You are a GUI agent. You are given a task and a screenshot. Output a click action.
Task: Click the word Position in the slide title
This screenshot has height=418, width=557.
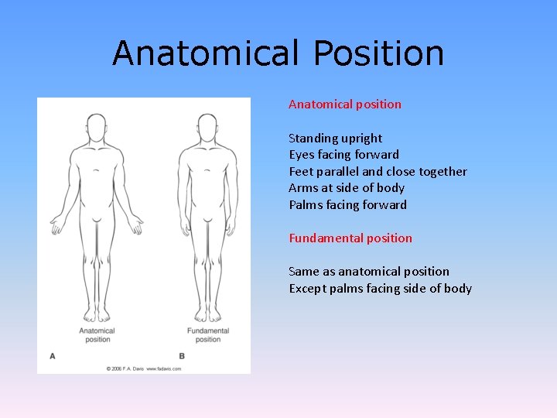(379, 54)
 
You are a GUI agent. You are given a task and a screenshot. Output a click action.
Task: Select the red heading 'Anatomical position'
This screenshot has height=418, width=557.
(345, 104)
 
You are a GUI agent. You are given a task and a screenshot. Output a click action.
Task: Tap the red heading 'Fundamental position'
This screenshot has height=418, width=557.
(350, 238)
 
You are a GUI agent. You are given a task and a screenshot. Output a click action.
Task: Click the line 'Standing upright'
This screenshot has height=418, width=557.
(335, 138)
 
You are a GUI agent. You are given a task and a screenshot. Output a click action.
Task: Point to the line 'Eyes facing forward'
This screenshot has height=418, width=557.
(343, 155)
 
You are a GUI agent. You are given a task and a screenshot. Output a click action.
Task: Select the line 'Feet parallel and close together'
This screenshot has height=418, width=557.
(378, 171)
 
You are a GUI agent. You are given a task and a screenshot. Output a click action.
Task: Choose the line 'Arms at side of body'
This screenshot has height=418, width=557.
(347, 188)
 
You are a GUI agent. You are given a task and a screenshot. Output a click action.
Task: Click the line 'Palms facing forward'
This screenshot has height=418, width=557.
(347, 204)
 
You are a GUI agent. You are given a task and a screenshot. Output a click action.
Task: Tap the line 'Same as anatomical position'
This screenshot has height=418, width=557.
(369, 271)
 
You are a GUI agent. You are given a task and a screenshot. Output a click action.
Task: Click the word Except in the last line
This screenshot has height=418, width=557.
(308, 288)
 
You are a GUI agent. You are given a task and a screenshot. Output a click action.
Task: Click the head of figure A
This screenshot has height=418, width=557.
(97, 127)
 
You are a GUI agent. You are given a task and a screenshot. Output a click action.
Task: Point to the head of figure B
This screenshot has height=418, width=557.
(207, 127)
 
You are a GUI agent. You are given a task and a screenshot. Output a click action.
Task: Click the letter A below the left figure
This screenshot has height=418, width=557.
(53, 355)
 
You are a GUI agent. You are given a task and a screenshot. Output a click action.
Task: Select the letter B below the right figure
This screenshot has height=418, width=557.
(182, 355)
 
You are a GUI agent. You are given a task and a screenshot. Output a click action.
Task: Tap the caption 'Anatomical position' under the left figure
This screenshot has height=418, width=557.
(97, 335)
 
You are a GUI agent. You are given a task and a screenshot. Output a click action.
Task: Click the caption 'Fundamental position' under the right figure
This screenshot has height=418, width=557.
(208, 335)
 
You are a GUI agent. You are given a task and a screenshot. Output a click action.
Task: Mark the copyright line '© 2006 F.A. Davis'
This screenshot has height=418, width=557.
(144, 368)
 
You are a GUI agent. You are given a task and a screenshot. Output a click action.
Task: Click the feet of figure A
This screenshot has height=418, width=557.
(97, 313)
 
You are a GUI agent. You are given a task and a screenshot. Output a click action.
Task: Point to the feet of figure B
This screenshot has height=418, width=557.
(207, 313)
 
